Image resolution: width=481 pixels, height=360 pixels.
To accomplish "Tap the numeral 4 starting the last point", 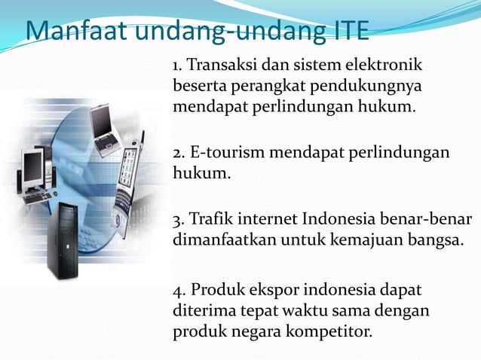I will pos(177,290).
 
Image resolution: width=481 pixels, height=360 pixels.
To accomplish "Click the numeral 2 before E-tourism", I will pos(177,154).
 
